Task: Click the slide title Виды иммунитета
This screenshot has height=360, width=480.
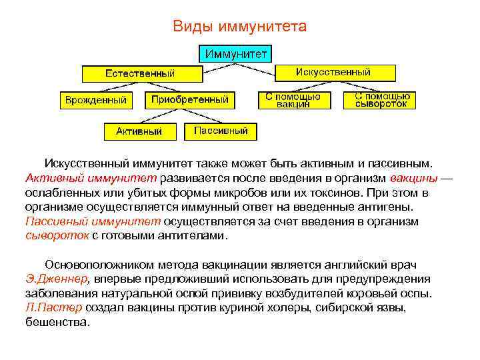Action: pos(239,26)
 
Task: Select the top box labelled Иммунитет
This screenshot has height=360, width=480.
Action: pos(237,53)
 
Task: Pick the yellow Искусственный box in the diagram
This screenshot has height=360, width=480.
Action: pos(333,72)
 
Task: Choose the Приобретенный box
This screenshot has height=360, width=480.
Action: pos(190,100)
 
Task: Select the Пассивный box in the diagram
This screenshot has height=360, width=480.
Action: pos(221,131)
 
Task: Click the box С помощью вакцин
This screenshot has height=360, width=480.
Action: pos(293,100)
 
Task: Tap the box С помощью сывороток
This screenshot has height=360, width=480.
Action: pos(381,100)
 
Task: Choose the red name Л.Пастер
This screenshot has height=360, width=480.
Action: pos(53,307)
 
